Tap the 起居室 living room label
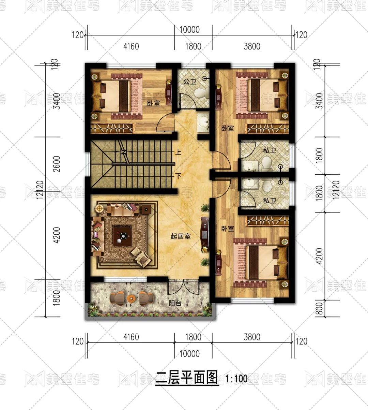181,236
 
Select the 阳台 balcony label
175,303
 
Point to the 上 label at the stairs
178,152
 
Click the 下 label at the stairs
178,176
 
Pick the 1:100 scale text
236,379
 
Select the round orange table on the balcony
131,298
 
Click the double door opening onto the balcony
183,287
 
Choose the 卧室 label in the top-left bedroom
153,103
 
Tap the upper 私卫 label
269,150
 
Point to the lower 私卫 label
269,201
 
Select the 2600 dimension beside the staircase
57,164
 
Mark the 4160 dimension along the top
131,46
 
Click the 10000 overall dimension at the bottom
189,353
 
